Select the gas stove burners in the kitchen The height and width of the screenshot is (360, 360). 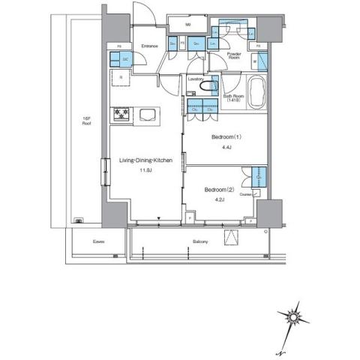click(122, 114)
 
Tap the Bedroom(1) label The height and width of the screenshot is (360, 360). click(225, 137)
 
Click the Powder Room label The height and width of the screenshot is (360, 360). click(234, 56)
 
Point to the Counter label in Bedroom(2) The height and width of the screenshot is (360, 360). click(244, 194)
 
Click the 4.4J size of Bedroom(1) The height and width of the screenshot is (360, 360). click(225, 148)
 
